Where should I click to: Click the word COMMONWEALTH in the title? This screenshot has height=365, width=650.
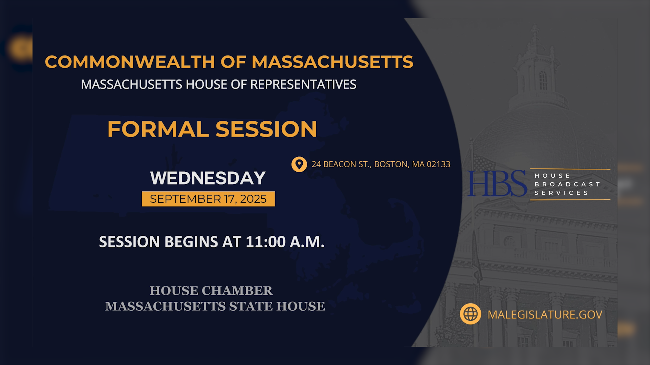(x=130, y=62)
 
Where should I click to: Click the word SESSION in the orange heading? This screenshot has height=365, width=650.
(x=266, y=129)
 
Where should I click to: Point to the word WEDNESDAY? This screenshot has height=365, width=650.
(x=208, y=178)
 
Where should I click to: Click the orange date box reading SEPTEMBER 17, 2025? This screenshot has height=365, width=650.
(x=208, y=199)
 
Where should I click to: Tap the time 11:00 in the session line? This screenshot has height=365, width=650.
(x=266, y=242)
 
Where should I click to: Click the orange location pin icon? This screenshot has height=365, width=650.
(x=299, y=164)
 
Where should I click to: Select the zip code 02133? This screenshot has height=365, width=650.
(x=438, y=164)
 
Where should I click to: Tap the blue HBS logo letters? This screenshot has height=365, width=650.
(x=497, y=184)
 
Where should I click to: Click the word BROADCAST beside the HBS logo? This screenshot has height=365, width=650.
(x=567, y=184)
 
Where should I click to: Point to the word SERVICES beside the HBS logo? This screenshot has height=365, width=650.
(x=561, y=193)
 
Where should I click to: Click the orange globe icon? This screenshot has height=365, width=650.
(x=470, y=314)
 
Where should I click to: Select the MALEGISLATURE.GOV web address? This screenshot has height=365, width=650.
(x=545, y=315)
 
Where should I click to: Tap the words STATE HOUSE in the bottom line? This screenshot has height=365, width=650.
(x=277, y=306)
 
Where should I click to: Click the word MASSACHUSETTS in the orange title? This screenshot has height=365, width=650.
(x=332, y=62)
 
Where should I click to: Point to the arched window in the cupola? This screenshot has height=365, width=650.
(x=543, y=80)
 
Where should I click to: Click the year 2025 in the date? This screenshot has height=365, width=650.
(x=253, y=199)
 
